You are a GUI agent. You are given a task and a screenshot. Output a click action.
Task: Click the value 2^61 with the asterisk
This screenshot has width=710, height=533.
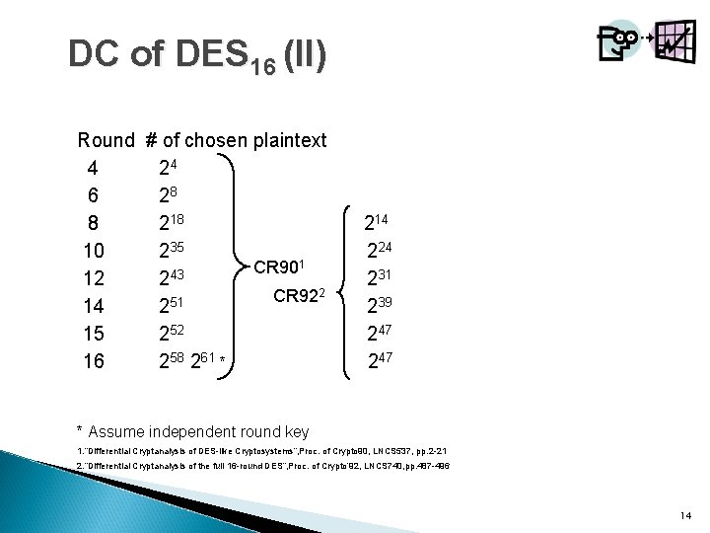(209, 361)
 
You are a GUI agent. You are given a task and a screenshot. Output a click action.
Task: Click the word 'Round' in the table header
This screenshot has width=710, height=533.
(107, 140)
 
